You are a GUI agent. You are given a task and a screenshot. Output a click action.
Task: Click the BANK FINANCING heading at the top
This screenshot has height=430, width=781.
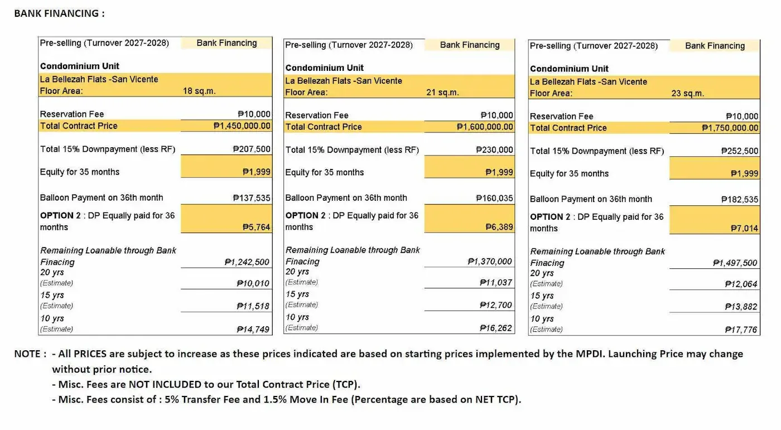point(59,13)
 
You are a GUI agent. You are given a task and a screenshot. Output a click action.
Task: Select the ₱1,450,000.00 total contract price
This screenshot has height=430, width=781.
point(242,126)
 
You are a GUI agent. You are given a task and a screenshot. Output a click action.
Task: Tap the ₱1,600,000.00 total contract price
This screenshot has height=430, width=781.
point(485,127)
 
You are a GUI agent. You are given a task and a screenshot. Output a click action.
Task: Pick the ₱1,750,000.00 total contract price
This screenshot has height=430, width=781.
point(730,128)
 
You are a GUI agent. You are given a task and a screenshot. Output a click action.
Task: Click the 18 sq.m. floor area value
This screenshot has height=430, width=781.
point(199,91)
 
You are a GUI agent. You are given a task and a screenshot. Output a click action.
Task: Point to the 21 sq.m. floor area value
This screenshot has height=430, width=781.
point(442,93)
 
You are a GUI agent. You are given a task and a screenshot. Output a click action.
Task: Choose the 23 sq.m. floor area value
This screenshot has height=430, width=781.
point(687,94)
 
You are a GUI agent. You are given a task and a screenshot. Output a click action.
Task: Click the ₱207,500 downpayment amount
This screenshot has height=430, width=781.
point(252,149)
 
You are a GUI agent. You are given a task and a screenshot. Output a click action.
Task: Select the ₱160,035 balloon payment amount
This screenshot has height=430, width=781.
point(495,199)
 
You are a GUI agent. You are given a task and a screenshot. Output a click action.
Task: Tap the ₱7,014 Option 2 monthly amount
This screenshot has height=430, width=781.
point(744,229)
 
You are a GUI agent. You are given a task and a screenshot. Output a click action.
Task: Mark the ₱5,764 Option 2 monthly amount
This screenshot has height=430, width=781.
point(256,227)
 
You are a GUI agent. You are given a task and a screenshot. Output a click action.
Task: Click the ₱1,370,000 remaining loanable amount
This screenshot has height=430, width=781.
point(490,262)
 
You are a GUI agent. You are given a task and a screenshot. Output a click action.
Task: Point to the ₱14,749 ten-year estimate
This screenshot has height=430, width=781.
point(253,329)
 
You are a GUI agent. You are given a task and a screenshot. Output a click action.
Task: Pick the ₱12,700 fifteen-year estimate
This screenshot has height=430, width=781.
point(496,305)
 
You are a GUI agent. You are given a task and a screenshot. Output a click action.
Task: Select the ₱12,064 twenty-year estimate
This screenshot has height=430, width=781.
point(741,284)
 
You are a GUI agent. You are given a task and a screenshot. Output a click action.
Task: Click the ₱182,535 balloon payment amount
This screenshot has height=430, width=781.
point(740,199)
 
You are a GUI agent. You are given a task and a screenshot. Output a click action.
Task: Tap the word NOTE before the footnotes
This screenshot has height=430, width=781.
point(27,354)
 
